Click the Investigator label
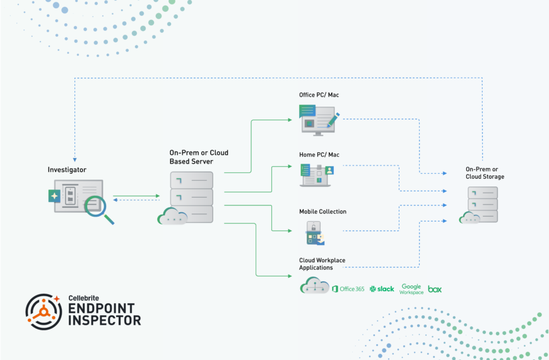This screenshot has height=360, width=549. point(67,170)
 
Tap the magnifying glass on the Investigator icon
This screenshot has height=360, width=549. point(98,207)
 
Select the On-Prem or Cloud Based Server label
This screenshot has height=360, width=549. point(199,157)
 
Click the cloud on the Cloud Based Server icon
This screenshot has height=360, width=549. point(172,217)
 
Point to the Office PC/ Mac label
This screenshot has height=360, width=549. point(319,95)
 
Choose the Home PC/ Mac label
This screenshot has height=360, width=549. point(319,155)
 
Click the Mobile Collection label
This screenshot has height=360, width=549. point(322,212)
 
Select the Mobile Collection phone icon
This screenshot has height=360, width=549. point(314,233)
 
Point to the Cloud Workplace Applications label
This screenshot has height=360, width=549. point(322,264)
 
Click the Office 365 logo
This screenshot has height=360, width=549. point(348,289)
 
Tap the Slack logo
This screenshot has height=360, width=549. point(382,289)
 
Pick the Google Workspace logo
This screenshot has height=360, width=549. point(411,289)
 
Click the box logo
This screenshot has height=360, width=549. point(435,289)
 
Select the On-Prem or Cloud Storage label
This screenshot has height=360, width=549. point(485,172)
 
